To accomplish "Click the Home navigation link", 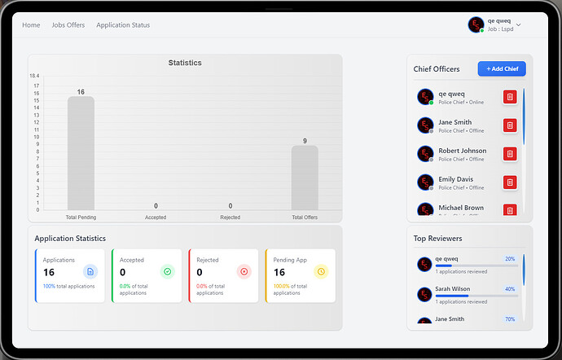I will click(31, 25).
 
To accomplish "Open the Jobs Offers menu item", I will click(68, 25).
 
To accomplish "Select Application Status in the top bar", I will click(123, 25).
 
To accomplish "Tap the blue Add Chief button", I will click(502, 69).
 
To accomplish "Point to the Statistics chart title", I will click(185, 63).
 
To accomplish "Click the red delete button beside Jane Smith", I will click(510, 125).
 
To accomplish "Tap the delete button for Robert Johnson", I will click(510, 154).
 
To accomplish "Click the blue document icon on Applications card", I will click(90, 271).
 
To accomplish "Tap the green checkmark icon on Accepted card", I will click(167, 271).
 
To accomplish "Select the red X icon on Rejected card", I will click(244, 271).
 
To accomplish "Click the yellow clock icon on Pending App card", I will click(320, 271).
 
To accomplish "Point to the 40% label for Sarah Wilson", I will click(510, 289).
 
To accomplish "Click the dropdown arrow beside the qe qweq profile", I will click(519, 25).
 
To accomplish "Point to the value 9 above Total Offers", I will click(305, 141).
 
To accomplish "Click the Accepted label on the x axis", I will click(156, 217).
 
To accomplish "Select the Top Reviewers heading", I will click(437, 239).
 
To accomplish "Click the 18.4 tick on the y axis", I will click(34, 76).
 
